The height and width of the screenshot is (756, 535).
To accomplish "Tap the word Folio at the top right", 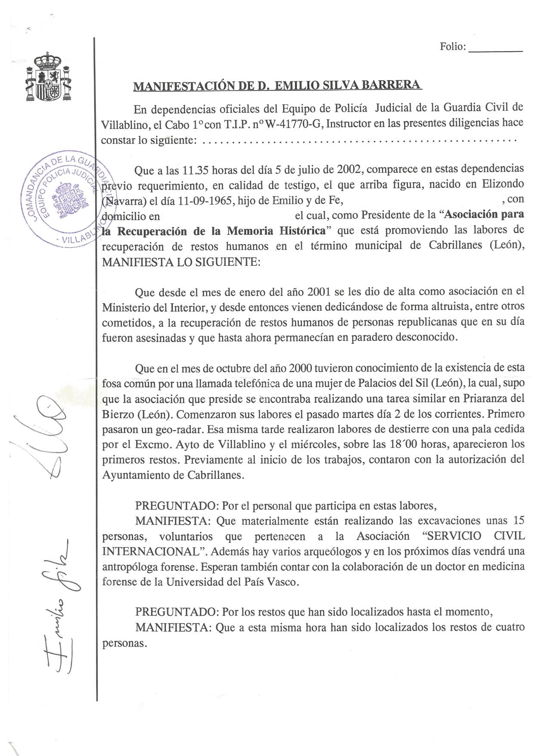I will click(452, 47).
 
